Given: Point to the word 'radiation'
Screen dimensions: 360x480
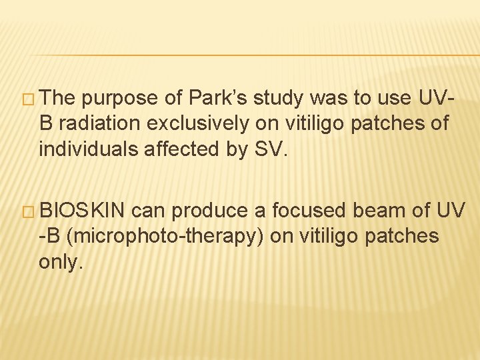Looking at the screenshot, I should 109,123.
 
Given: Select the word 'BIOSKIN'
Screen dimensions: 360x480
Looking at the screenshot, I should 81,211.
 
